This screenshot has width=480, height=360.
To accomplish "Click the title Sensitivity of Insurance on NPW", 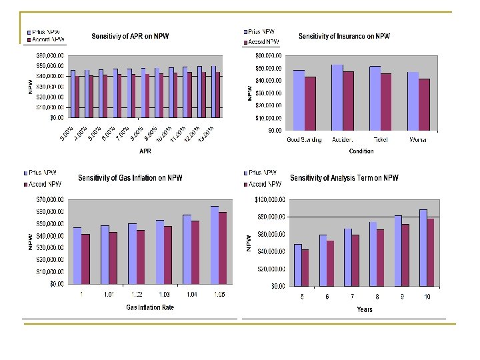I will (x=344, y=36).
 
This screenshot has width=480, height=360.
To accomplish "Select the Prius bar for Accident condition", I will (x=337, y=97).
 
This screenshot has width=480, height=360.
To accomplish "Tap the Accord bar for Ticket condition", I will (x=386, y=101).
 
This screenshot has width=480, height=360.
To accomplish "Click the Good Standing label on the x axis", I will (x=304, y=140).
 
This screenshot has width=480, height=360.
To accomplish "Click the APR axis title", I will (x=145, y=151).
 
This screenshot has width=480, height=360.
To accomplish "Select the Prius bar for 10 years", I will (x=423, y=247).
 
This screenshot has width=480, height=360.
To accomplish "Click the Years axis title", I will (x=364, y=309).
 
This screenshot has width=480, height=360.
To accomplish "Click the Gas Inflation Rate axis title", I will (x=150, y=307).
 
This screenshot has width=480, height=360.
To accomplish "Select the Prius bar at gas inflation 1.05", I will (x=214, y=245).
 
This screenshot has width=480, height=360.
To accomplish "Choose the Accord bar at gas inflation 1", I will (x=85, y=259).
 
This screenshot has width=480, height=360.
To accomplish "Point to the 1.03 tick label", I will (x=163, y=294).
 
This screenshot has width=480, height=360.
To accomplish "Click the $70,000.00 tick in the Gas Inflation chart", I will (x=50, y=199).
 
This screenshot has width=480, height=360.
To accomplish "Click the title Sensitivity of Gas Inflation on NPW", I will (x=130, y=178).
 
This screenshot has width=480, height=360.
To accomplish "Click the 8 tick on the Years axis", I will (x=377, y=297).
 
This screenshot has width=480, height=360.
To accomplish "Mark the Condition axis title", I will (x=361, y=151).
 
